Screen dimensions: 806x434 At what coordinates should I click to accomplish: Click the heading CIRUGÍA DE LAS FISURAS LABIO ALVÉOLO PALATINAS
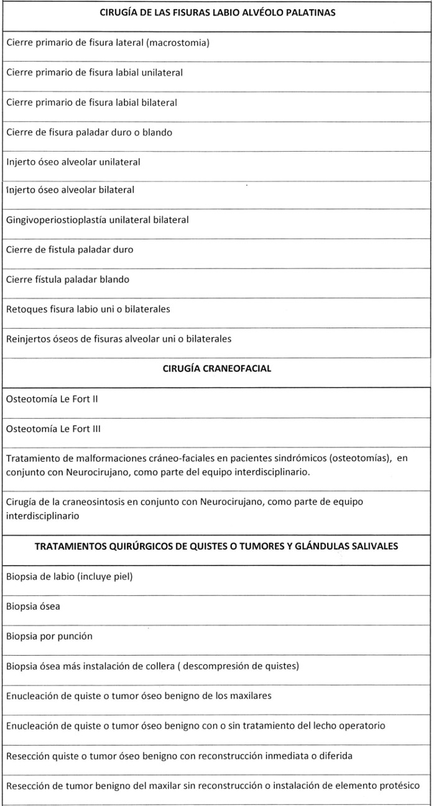pos(216,14)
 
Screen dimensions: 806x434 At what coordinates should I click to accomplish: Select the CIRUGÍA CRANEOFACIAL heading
pos(216,369)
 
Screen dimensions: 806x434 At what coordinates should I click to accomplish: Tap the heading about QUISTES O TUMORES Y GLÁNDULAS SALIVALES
pos(216,546)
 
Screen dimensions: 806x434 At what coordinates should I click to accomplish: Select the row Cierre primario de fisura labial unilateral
pos(95,73)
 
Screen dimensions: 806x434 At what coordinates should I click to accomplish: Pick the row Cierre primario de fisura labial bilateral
pos(92,103)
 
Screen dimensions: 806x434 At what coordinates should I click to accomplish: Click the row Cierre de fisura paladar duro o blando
pos(90,132)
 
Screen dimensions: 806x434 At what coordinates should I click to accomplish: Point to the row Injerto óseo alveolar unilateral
pos(73,162)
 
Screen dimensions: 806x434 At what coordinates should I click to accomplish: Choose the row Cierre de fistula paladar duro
pos(70,250)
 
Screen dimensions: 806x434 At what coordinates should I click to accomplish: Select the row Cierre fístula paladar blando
pos(68,280)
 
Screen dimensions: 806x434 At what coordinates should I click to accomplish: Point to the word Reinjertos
pos(29,339)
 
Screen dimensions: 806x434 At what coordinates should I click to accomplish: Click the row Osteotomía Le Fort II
pos(52,399)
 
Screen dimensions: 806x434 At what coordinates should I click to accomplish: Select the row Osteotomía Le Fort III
pos(53,429)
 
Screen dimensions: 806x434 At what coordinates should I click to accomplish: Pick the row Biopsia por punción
pos(49,636)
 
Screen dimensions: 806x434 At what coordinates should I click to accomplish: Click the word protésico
pos(407,785)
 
